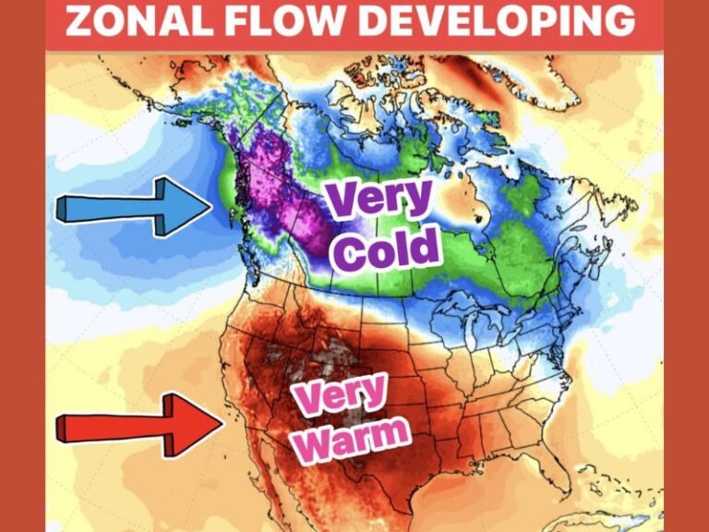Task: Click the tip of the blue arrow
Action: [x=211, y=204]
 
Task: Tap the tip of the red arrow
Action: [x=222, y=424]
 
